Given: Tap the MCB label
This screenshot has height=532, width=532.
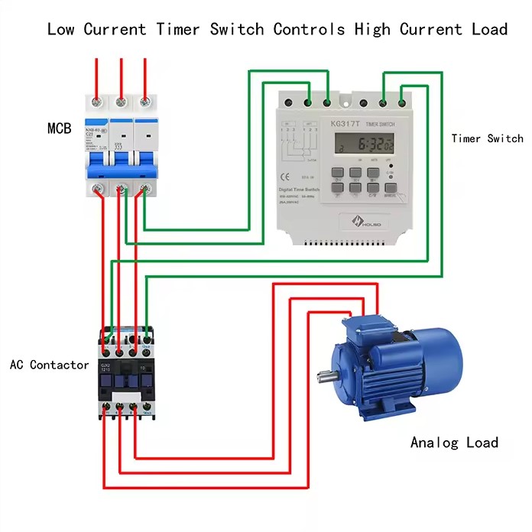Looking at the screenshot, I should (x=59, y=128).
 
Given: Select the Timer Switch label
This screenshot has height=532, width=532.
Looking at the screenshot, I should (x=487, y=138).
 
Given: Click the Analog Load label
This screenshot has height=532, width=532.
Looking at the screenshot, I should (x=454, y=443).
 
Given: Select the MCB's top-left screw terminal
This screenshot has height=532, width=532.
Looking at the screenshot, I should (x=96, y=101).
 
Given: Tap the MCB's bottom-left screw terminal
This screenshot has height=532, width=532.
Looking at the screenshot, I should (x=97, y=189).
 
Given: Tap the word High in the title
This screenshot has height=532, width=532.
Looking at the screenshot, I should (x=370, y=30).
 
